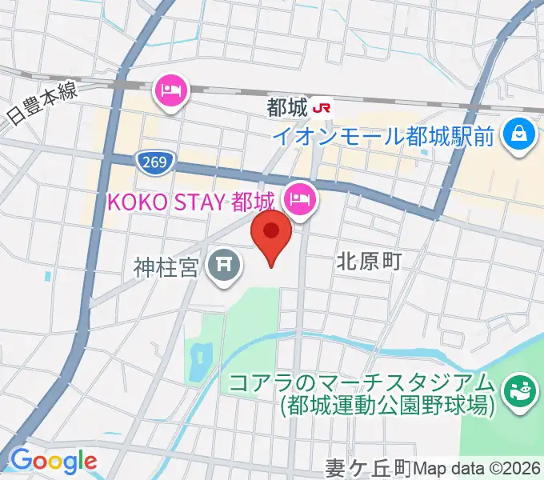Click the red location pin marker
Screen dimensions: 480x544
click(271, 234)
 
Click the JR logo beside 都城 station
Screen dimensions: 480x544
click(322, 106)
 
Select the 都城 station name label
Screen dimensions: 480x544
click(287, 106)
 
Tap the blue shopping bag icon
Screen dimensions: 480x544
click(518, 132)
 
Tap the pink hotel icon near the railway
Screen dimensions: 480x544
click(173, 92)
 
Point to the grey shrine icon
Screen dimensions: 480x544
click(226, 266)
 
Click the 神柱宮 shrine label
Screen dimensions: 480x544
click(166, 266)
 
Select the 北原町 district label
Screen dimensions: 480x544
click(367, 259)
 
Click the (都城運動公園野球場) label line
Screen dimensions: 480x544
click(384, 406)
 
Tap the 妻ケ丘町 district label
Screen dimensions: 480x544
click(368, 466)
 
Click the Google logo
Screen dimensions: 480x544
click(53, 461)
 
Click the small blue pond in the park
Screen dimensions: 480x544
click(198, 361)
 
